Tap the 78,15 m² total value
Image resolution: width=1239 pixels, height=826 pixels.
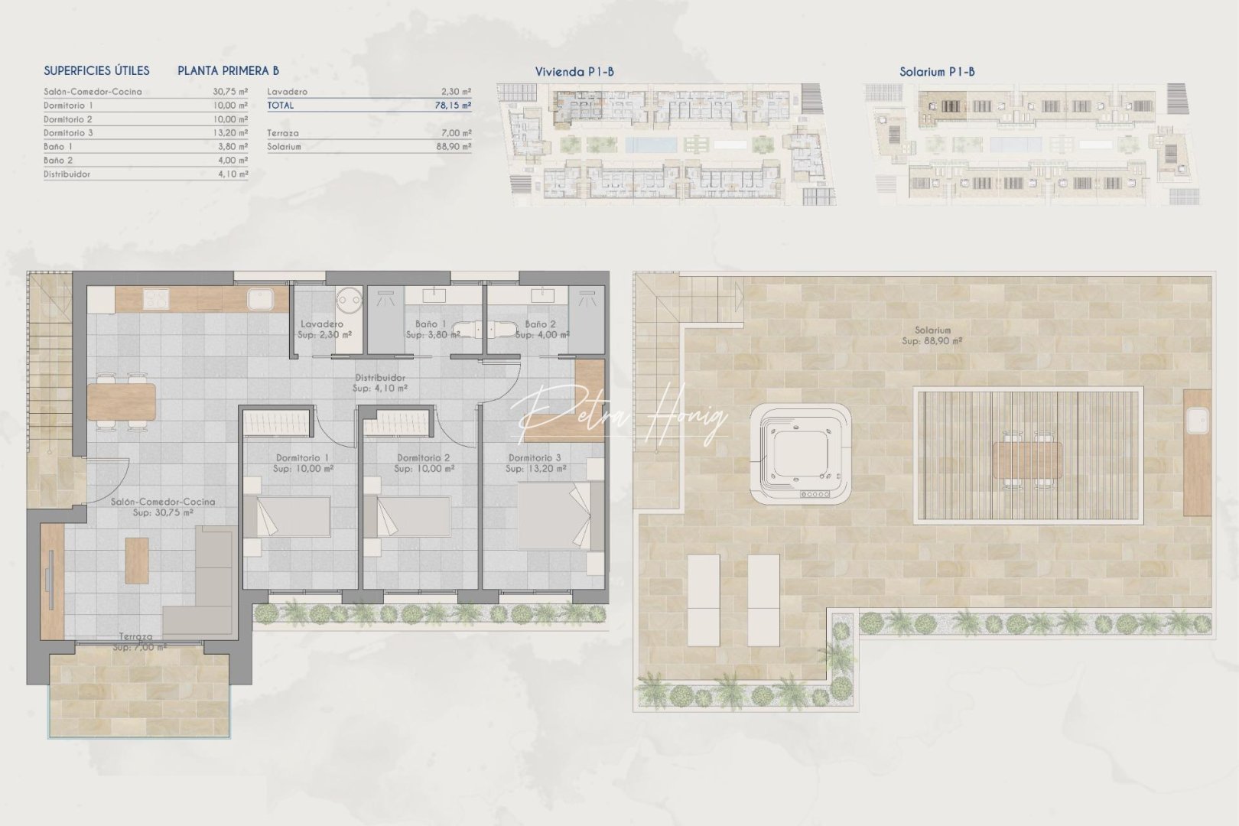453,106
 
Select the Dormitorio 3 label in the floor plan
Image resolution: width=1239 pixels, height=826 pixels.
535,458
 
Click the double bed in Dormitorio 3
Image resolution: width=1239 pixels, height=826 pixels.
554,516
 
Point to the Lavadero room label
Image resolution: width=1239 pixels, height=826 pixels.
321,324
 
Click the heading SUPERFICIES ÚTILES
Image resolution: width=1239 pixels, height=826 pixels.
96,70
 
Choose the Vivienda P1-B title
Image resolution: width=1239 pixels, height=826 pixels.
574,72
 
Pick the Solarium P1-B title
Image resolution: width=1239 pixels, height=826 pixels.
937,72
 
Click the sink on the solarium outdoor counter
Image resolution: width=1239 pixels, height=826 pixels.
1196,418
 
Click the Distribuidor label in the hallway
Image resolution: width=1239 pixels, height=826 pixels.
380,378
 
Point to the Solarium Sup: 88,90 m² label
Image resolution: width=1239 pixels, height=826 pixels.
932,336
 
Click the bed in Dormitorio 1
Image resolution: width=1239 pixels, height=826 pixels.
288,516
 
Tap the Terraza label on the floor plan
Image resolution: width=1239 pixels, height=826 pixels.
135,636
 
